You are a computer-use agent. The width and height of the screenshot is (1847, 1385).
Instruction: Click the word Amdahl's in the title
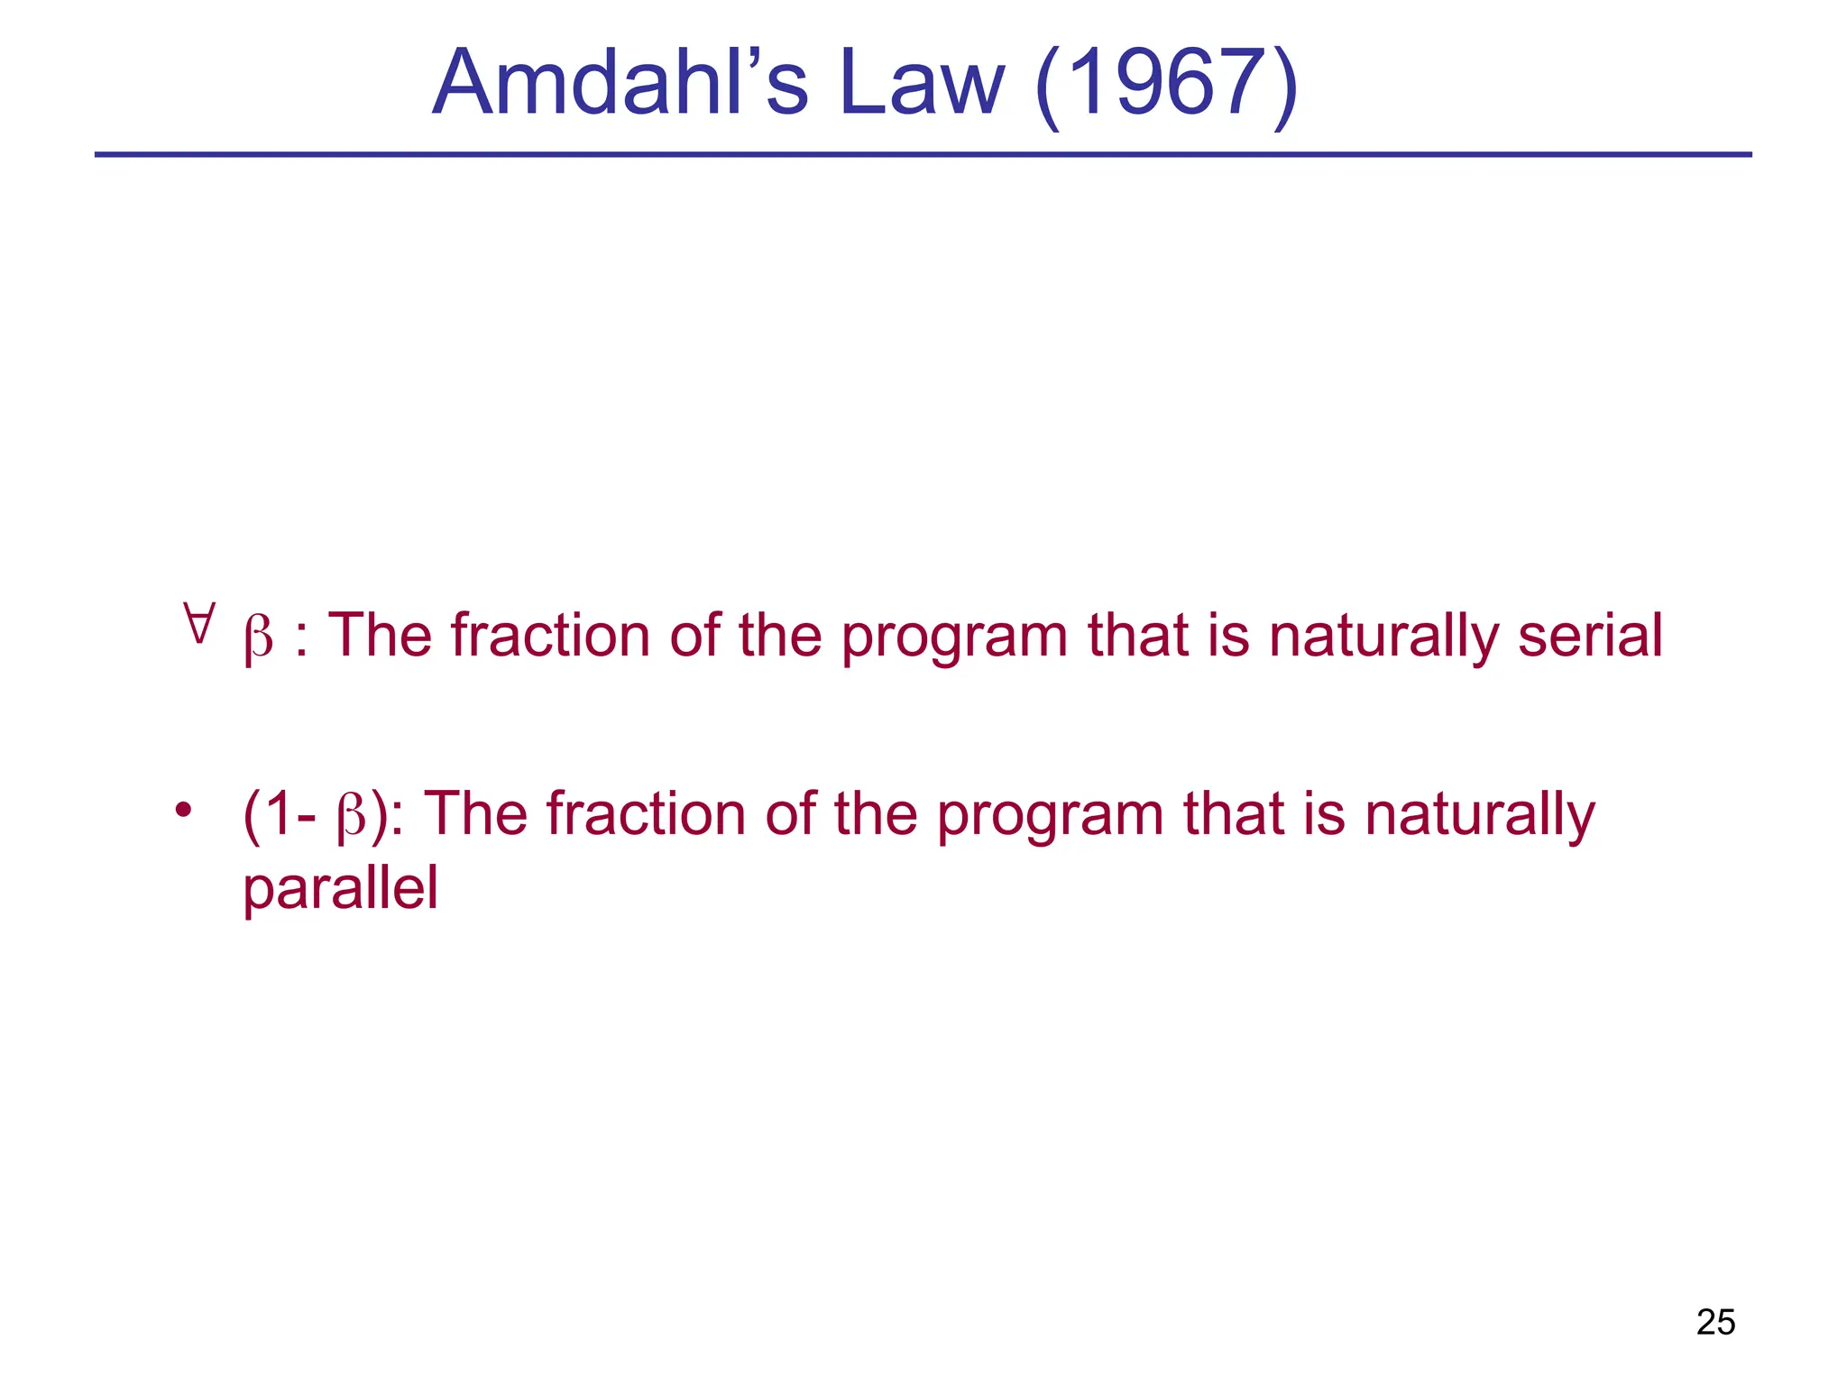pyautogui.click(x=620, y=83)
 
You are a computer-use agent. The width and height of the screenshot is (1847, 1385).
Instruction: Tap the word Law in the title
pyautogui.click(x=921, y=83)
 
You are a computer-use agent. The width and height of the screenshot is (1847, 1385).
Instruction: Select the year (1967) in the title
pyautogui.click(x=1166, y=85)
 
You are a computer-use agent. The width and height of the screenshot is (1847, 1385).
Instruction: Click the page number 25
pyautogui.click(x=1715, y=1322)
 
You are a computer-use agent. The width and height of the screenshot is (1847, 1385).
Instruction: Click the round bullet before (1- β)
pyautogui.click(x=184, y=809)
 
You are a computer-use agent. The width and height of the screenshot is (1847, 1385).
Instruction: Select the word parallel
pyautogui.click(x=340, y=888)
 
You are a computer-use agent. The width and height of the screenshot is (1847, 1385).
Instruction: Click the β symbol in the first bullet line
pyautogui.click(x=259, y=638)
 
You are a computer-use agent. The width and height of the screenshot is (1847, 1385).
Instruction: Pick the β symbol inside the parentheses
pyautogui.click(x=351, y=817)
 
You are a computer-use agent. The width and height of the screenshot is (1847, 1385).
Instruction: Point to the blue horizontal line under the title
pyautogui.click(x=923, y=155)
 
